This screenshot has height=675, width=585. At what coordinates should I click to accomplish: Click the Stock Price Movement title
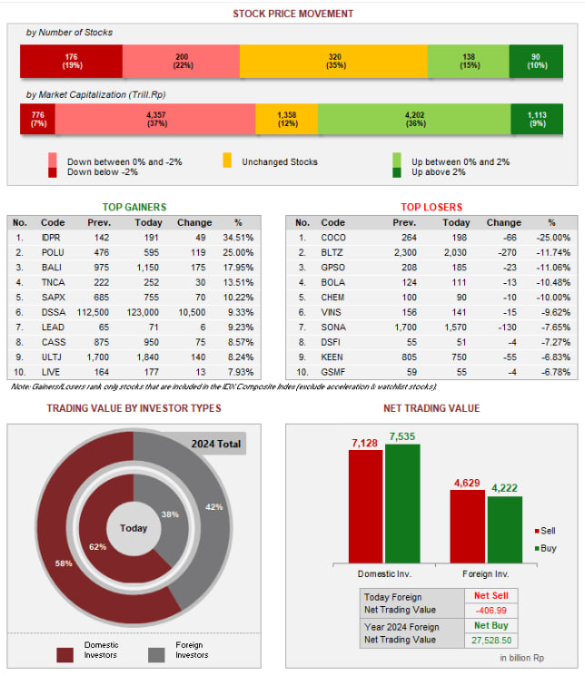(292, 14)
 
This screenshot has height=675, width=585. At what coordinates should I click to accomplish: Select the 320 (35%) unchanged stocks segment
(333, 62)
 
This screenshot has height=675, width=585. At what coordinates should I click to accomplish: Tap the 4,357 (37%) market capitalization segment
(155, 120)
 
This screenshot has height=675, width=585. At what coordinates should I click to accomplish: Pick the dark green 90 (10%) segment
(535, 62)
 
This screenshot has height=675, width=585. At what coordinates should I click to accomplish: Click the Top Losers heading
(431, 207)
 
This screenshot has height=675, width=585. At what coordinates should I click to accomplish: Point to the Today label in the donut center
(134, 528)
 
